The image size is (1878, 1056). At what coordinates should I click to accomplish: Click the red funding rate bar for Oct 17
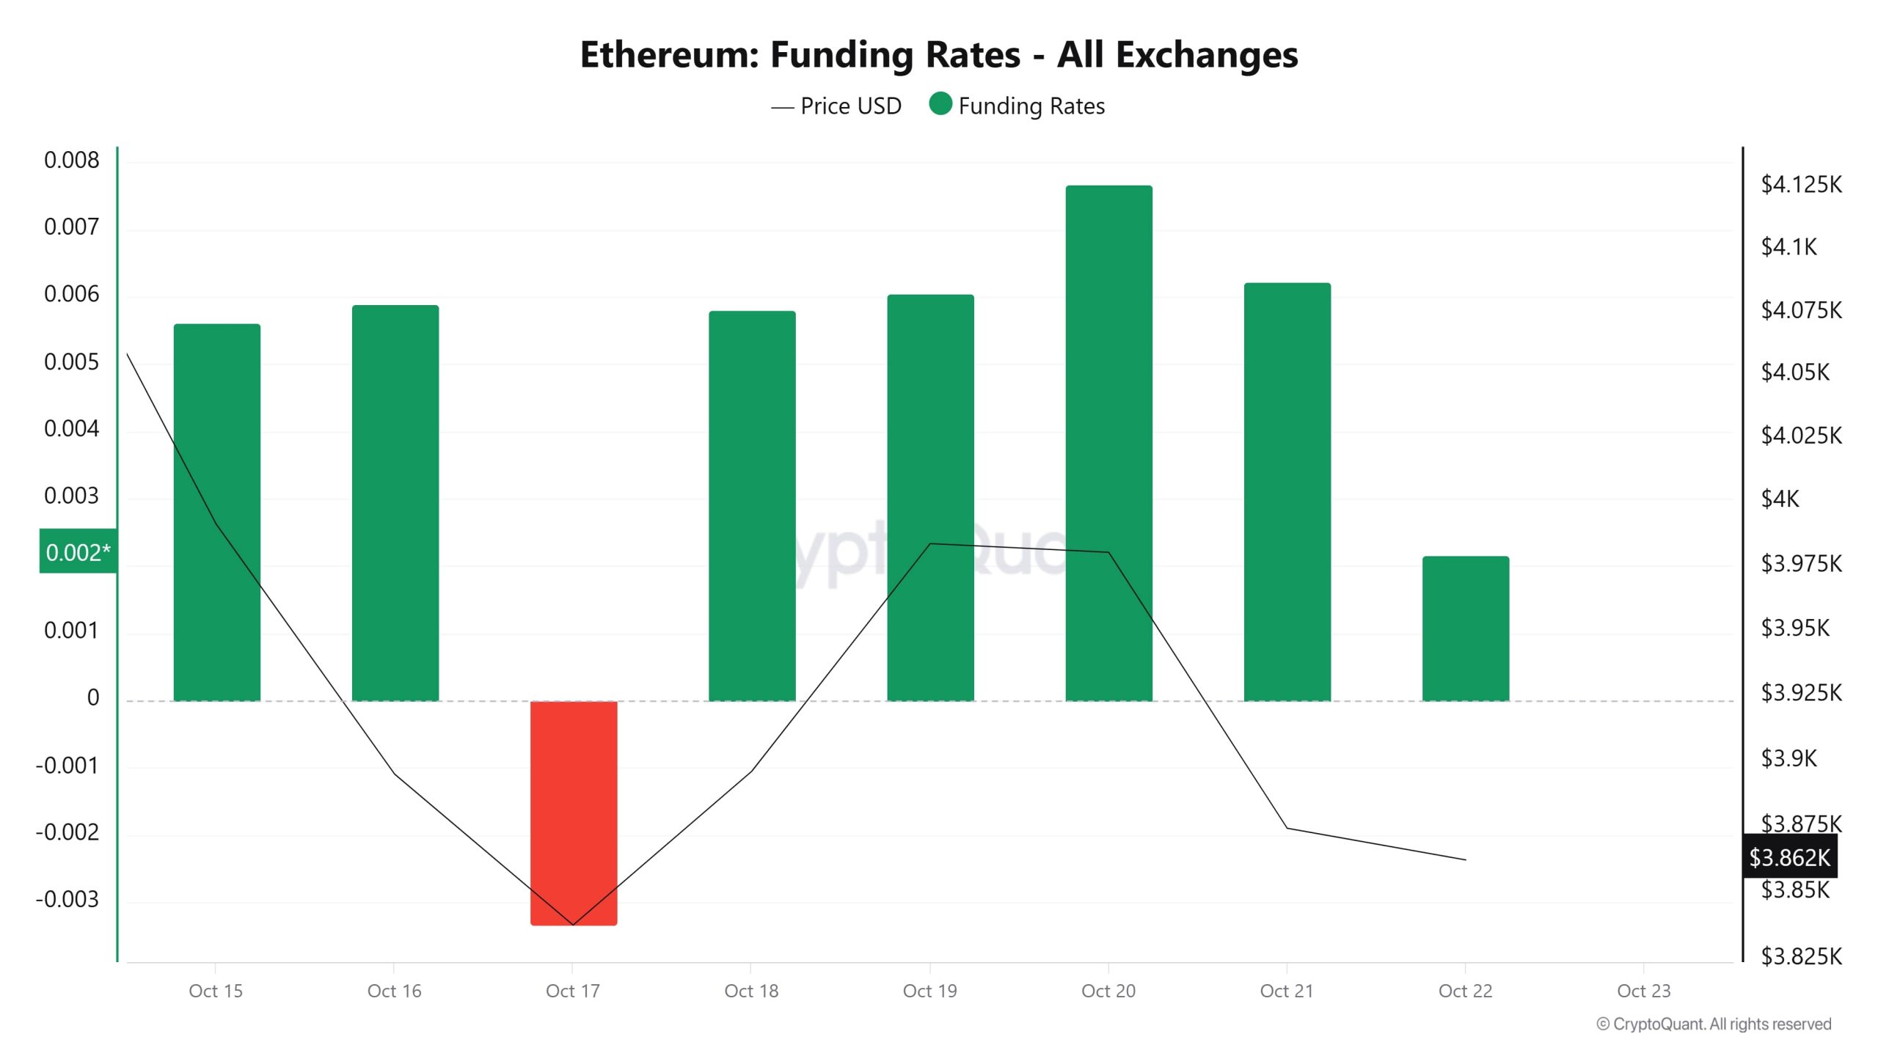pos(573,813)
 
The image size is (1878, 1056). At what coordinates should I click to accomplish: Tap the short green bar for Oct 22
pos(1465,628)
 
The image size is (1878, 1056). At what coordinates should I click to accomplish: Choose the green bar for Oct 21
pos(1287,491)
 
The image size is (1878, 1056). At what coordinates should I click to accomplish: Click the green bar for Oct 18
pos(751,506)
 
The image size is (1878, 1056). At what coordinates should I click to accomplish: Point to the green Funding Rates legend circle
pos(940,104)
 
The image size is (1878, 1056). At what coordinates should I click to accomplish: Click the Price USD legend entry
pos(836,106)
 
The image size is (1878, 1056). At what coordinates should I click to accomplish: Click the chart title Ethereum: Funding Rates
pos(938,54)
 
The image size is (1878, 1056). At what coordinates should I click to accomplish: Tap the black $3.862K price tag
pos(1789,857)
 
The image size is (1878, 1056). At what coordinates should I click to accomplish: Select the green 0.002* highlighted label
pos(78,551)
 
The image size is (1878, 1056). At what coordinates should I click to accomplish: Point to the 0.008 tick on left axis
pos(71,160)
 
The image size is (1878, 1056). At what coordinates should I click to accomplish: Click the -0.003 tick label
pos(67,899)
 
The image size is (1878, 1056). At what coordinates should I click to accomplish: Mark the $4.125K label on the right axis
pos(1801,184)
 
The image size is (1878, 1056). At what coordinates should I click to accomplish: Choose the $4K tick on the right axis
pos(1780,499)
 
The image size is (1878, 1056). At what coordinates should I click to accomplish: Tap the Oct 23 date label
pos(1643,991)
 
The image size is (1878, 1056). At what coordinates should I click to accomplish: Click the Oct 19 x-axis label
pos(929,991)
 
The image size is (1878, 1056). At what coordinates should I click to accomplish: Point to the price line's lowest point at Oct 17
pos(572,925)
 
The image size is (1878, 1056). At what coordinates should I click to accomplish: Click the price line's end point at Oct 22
pos(1465,859)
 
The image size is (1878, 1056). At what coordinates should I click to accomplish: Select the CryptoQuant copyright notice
pos(1713,1024)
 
